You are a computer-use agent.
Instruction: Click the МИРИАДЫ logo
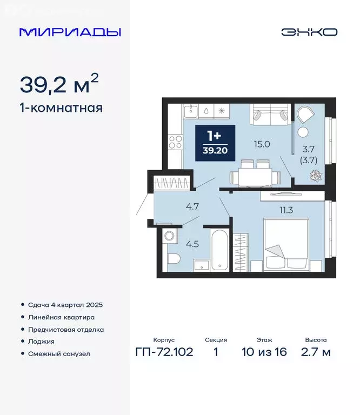pyautogui.click(x=70, y=32)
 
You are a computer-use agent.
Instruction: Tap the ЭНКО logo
pyautogui.click(x=309, y=32)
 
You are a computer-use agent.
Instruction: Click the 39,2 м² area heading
pyautogui.click(x=59, y=84)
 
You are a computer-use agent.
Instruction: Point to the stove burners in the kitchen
pyautogui.click(x=175, y=142)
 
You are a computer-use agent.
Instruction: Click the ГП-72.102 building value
pyautogui.click(x=164, y=352)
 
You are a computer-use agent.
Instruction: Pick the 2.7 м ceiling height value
pyautogui.click(x=316, y=352)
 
